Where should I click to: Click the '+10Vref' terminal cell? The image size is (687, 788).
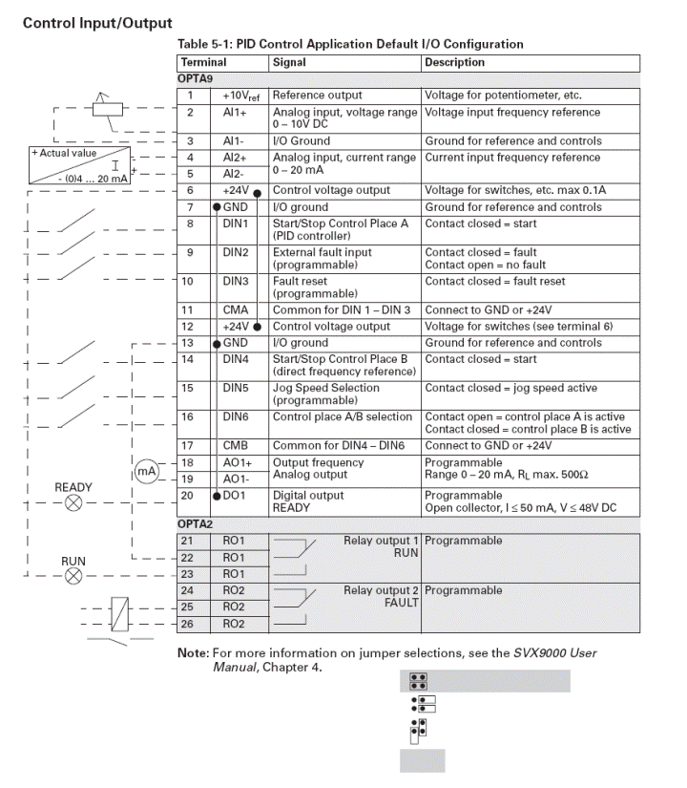pos(237,96)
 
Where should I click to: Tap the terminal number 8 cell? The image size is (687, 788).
pos(190,224)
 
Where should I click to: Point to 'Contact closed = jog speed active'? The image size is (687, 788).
pos(510,388)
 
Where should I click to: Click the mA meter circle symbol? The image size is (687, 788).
pos(146,469)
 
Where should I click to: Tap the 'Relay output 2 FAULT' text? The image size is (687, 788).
pos(382,596)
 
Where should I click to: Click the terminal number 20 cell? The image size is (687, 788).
pos(190,496)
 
